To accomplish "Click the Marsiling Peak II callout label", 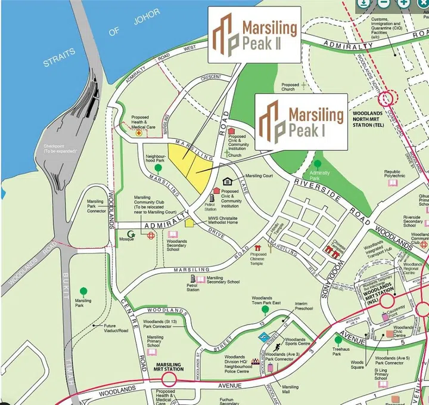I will (x=254, y=35).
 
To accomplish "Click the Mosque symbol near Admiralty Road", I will (x=131, y=234).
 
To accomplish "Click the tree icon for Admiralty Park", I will (x=318, y=164).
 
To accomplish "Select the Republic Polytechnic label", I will (x=394, y=174).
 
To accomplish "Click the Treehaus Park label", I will (x=341, y=351).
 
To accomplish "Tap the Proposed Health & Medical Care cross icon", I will (x=139, y=135).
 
